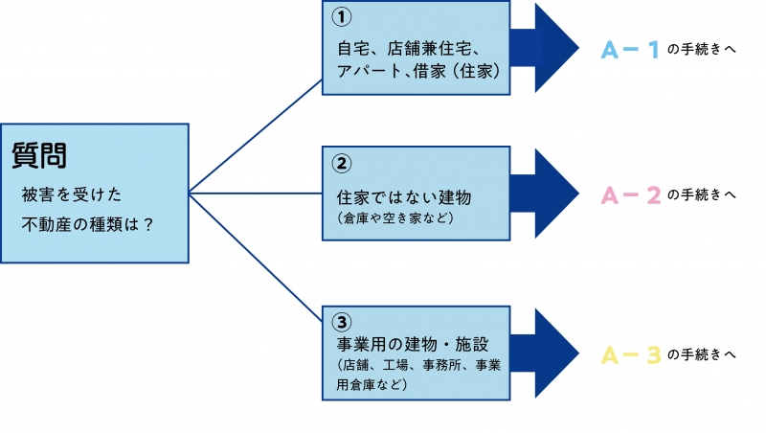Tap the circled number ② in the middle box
pyautogui.click(x=343, y=161)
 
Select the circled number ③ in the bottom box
pyautogui.click(x=343, y=322)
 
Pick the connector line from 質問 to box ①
pyautogui.click(x=256, y=135)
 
